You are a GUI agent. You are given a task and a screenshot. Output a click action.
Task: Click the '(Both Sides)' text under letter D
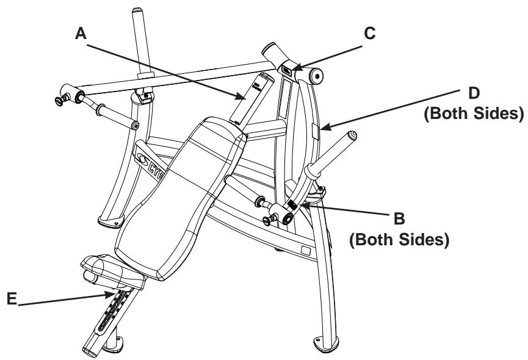474,113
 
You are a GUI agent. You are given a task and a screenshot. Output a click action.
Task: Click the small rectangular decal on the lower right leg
305,250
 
